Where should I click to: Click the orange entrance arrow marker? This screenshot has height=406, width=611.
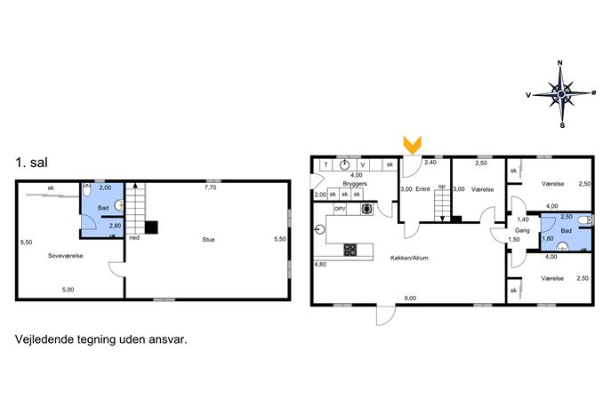pyautogui.click(x=413, y=145)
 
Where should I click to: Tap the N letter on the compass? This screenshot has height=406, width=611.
pyautogui.click(x=560, y=63)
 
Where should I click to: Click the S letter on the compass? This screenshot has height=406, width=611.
pyautogui.click(x=562, y=126)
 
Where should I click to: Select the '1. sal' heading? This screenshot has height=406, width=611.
pyautogui.click(x=31, y=163)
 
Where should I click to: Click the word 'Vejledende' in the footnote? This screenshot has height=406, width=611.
pyautogui.click(x=44, y=339)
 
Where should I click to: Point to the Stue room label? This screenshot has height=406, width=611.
pyautogui.click(x=208, y=239)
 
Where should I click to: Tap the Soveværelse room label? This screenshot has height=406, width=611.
pyautogui.click(x=66, y=256)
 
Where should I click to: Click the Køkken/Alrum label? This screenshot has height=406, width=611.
pyautogui.click(x=409, y=258)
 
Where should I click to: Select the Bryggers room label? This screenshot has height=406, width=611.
pyautogui.click(x=355, y=183)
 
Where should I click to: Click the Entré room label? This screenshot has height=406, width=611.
pyautogui.click(x=422, y=189)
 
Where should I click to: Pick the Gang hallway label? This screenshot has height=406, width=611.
pyautogui.click(x=522, y=230)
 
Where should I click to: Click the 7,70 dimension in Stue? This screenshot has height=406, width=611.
pyautogui.click(x=211, y=187)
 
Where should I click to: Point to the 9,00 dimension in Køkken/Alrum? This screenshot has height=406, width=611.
pyautogui.click(x=410, y=299)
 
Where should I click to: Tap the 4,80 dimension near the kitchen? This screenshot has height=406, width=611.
pyautogui.click(x=320, y=265)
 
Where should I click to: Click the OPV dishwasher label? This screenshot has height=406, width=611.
pyautogui.click(x=340, y=209)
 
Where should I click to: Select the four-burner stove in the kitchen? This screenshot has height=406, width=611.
pyautogui.click(x=350, y=250)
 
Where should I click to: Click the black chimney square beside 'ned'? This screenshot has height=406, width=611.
pyautogui.click(x=151, y=227)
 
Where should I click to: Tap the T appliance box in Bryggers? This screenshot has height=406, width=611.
pyautogui.click(x=326, y=165)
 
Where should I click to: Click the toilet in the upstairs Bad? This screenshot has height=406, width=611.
pyautogui.click(x=87, y=190)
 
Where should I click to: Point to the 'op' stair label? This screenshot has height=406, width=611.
pyautogui.click(x=441, y=187)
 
